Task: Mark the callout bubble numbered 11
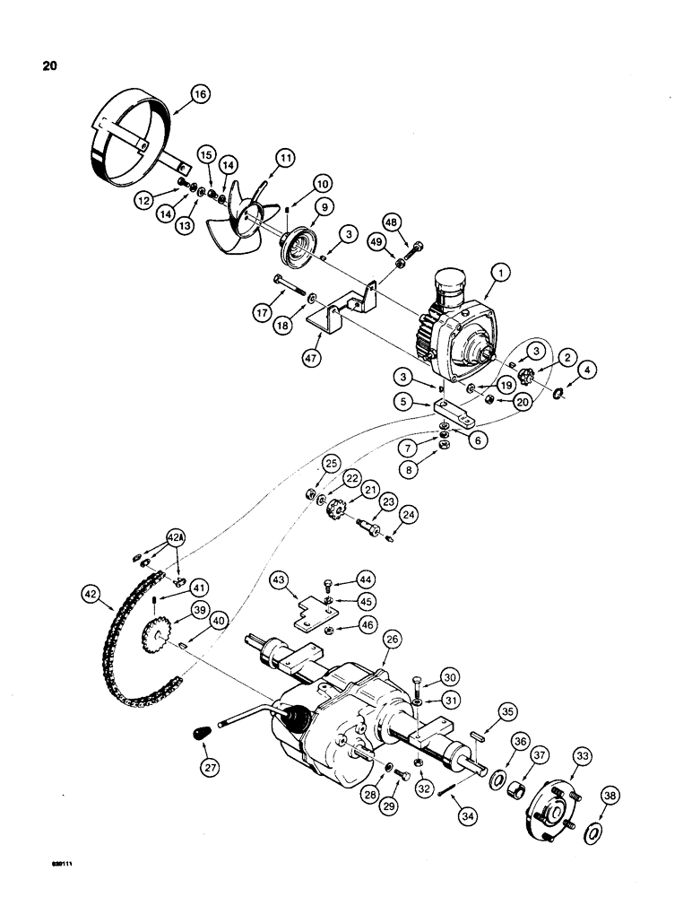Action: click(x=285, y=157)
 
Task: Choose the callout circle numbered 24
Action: click(x=410, y=515)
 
